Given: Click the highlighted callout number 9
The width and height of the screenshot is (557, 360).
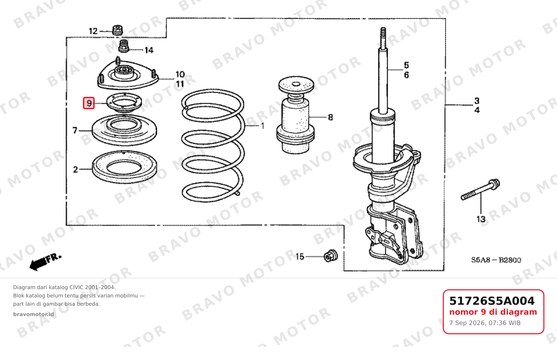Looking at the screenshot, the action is tap(89, 103).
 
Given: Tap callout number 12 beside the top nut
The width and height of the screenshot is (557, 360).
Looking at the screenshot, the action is tap(93, 31).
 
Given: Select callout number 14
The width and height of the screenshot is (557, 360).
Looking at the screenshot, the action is tap(149, 50).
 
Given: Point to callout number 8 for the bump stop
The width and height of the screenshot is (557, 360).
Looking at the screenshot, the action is tap(330, 117).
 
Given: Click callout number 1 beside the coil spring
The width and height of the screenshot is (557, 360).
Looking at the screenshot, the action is tap(263, 126).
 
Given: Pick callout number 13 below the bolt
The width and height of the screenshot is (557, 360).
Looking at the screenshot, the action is tap(481, 219).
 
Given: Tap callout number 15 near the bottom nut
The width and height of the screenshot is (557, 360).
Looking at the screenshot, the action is tap(300, 257).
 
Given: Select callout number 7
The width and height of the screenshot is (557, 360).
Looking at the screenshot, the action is tap(75, 130).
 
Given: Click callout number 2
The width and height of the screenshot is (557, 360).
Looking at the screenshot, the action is tap(76, 169).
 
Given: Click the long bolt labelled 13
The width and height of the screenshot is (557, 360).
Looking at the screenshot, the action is tap(480, 189).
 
